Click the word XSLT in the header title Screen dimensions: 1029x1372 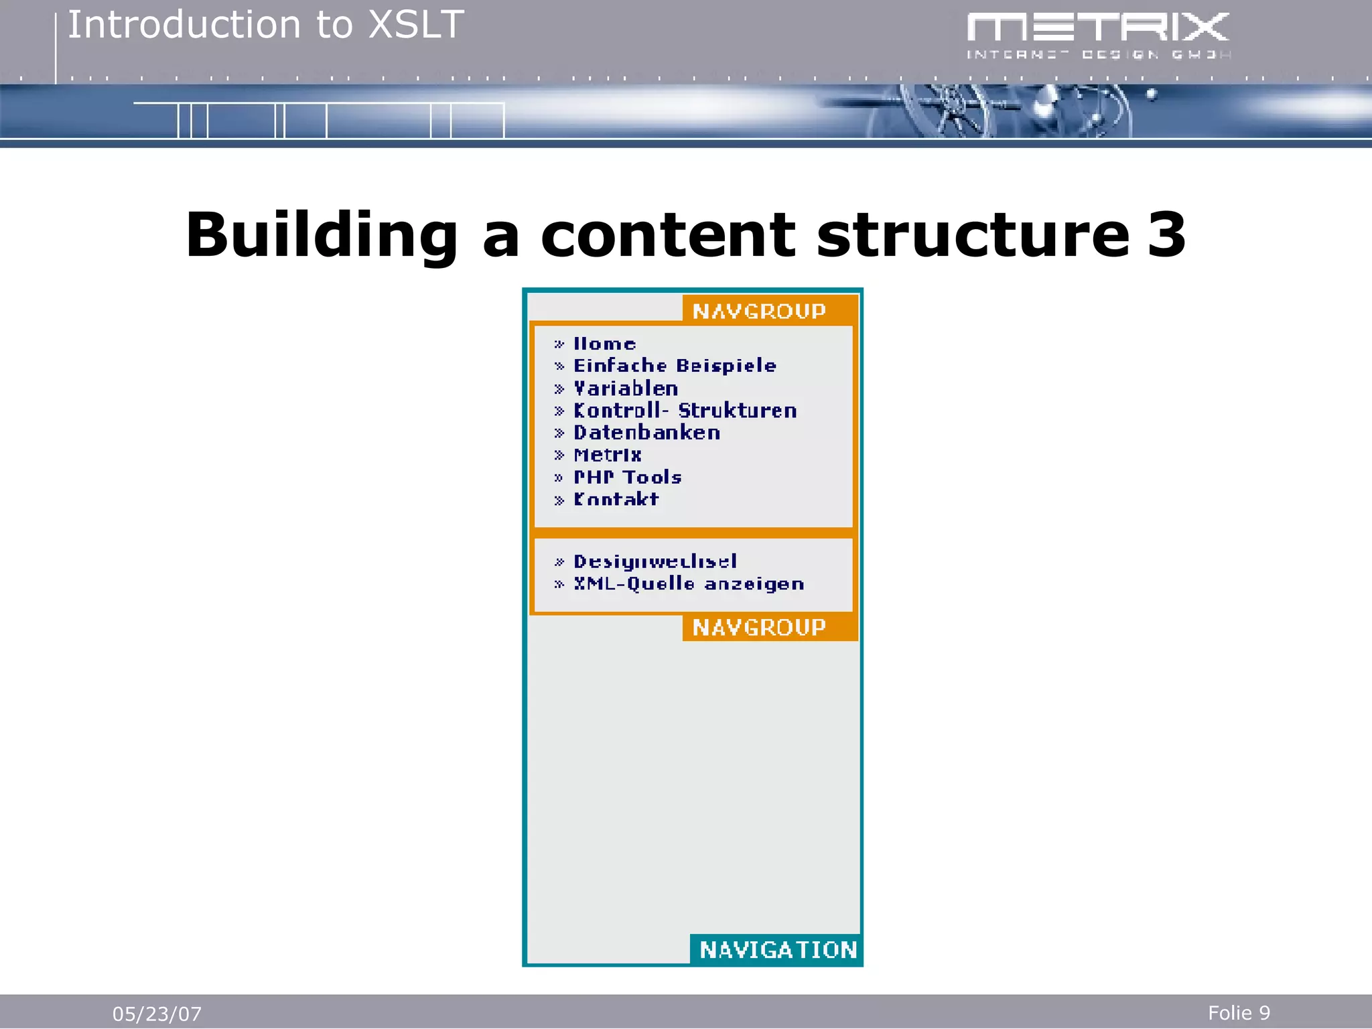416,25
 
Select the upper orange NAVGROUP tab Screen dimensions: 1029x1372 759,311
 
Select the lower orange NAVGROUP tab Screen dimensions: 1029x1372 759,628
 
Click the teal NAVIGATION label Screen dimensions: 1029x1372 778,950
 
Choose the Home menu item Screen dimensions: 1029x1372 604,344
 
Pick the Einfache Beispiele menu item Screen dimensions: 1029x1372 675,366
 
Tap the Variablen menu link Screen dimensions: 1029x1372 626,389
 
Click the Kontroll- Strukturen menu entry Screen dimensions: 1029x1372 685,411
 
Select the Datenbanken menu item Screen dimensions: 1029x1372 646,433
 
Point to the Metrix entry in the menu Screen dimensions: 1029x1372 608,455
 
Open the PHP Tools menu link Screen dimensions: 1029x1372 628,477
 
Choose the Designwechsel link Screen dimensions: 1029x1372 655,561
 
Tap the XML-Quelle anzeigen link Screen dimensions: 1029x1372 689,584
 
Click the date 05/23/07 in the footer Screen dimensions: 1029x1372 157,1014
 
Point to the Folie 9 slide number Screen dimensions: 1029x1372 1239,1013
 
